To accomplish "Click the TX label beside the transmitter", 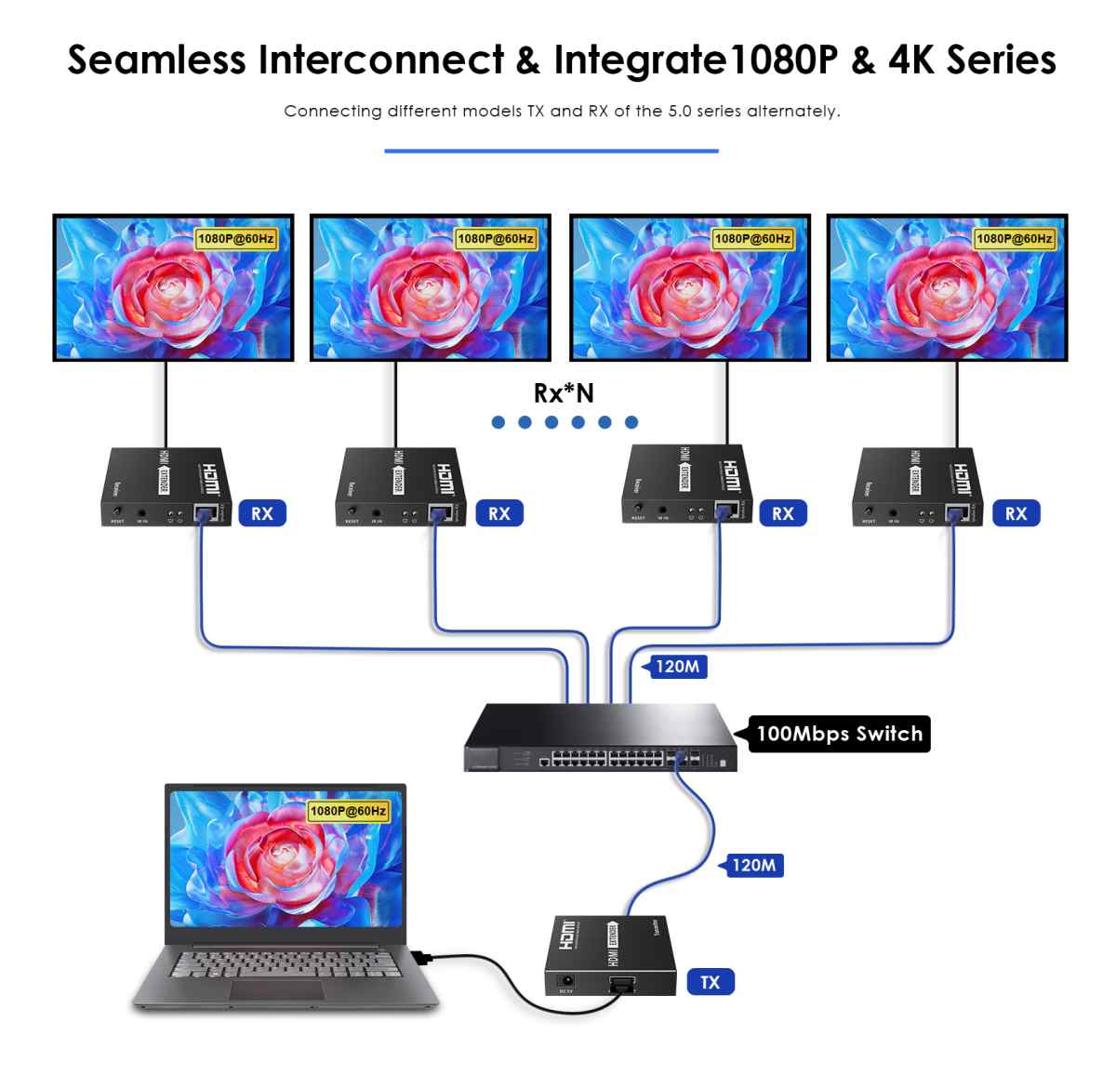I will [711, 982].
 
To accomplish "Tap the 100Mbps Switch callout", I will [839, 734].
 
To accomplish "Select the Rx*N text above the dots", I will [564, 393].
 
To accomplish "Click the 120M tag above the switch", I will [676, 666].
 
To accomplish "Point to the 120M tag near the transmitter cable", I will [752, 865].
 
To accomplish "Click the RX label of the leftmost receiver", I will [262, 513].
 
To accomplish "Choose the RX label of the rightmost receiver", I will [1016, 513].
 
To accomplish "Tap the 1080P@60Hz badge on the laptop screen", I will [348, 811].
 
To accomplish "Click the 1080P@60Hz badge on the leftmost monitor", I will [236, 239].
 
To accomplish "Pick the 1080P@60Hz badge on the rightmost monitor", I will [1014, 239].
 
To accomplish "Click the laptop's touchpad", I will [277, 989].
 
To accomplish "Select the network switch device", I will [601, 739].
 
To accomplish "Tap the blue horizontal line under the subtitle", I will [551, 151].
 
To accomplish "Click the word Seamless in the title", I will [156, 60].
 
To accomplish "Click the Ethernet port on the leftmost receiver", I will [206, 512].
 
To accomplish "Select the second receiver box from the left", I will [400, 486].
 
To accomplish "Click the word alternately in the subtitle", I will [792, 112].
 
